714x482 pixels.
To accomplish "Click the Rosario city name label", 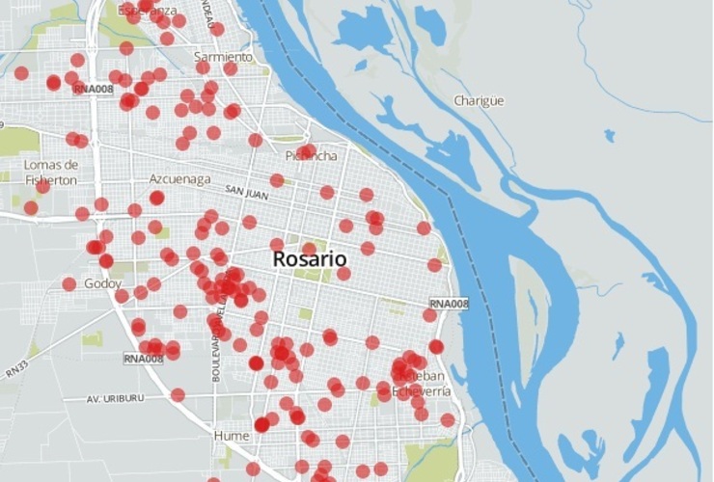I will coord(310,259).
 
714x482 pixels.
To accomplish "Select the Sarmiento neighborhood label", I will coord(222,57).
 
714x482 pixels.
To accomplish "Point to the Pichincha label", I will coord(312,155).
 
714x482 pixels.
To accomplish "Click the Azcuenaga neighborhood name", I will coord(179,179).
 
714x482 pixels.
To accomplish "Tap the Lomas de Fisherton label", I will coord(50,172).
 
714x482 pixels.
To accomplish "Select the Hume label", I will coord(231,436).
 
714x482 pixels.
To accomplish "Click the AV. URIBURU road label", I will coord(121,398).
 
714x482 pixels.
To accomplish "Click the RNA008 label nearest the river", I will coord(449,305).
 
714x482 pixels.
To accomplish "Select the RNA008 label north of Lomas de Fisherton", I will coord(94,88).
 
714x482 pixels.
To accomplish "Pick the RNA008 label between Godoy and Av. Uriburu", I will coord(145,359).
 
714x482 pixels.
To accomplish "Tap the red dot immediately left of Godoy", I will coord(69,283).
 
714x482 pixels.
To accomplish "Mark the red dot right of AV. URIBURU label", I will coord(178,394).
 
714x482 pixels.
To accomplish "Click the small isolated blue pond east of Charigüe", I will coord(609,135).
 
